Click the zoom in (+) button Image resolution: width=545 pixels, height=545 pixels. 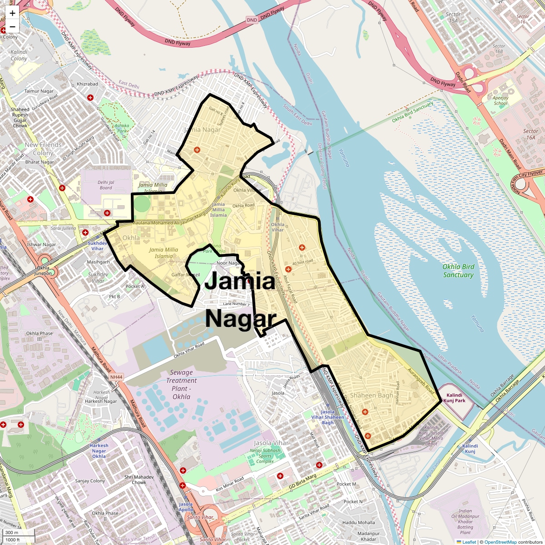(12, 13)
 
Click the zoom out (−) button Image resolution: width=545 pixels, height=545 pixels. (12, 26)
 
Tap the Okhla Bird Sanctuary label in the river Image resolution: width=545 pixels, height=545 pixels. (458, 271)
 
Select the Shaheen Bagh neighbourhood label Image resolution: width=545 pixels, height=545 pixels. (371, 396)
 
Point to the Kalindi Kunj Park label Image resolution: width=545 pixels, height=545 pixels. (454, 398)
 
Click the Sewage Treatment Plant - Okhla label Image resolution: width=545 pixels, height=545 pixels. (181, 384)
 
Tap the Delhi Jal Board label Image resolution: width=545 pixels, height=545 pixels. (106, 185)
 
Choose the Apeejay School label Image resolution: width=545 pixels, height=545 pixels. (500, 100)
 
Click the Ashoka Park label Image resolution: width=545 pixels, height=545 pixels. (122, 128)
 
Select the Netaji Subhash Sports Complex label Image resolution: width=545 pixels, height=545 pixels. (265, 456)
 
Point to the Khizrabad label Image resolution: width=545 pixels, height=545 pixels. (87, 84)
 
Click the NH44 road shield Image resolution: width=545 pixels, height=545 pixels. (116, 377)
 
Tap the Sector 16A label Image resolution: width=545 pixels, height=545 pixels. (530, 134)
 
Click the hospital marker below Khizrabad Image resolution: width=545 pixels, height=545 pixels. (90, 97)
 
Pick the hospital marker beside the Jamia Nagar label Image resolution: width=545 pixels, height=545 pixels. (197, 150)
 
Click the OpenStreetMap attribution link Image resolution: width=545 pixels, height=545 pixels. (500, 542)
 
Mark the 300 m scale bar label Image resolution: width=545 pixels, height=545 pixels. (12, 533)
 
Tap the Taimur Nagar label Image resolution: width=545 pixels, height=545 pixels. (39, 91)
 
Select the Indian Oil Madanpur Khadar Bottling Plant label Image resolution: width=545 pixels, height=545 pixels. (465, 521)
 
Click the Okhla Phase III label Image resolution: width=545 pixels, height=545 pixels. (40, 336)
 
